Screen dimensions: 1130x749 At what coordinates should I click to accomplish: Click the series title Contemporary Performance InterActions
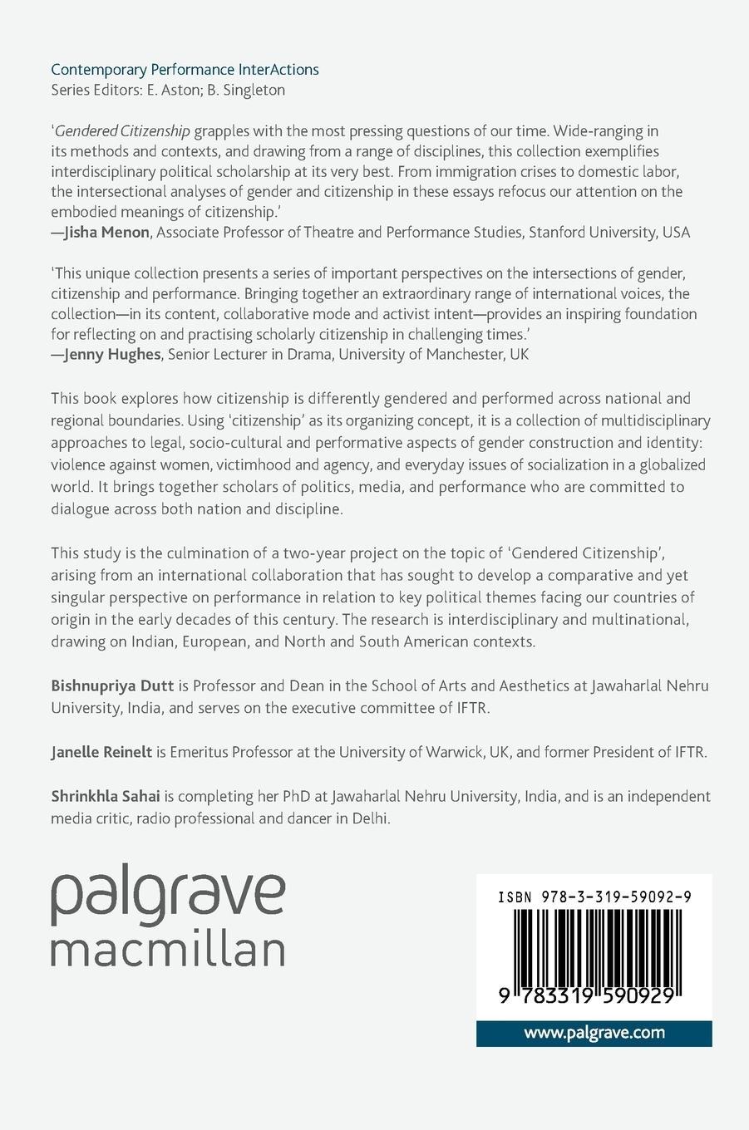click(185, 70)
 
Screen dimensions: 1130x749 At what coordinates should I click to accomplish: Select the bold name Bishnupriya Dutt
click(112, 685)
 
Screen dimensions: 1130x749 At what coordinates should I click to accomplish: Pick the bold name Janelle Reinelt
click(101, 752)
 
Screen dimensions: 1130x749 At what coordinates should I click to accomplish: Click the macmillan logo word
click(168, 950)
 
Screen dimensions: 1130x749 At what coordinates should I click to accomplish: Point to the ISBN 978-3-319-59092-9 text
click(594, 897)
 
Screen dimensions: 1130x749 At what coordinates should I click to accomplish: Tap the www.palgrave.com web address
click(594, 1033)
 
